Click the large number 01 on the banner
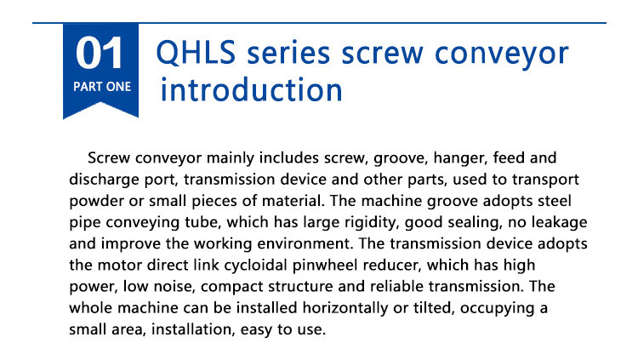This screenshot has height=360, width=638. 99,53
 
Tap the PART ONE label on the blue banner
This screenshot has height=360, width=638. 102,87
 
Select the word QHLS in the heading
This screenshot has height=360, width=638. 197,53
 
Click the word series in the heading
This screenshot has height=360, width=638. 288,54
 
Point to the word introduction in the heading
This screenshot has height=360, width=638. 252,89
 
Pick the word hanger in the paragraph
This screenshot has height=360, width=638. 460,158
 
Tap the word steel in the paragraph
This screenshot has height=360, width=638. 555,201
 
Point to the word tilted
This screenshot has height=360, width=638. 434,308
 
